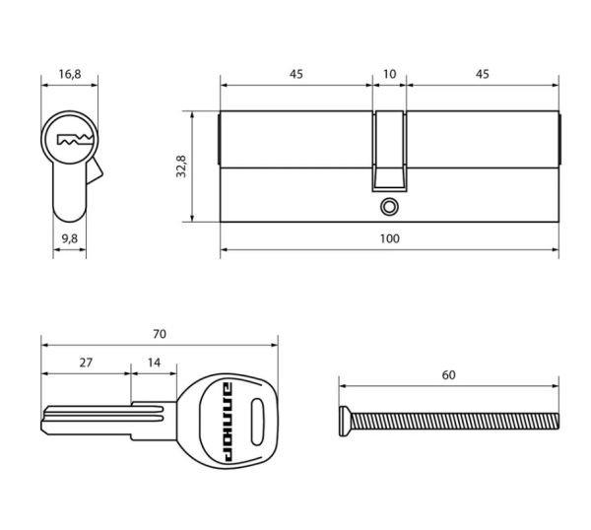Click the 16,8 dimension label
tap(70, 74)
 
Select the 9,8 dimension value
tap(70, 239)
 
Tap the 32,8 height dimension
tap(181, 166)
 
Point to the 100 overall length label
tap(389, 238)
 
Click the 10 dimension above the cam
tap(389, 74)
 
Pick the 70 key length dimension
tap(159, 334)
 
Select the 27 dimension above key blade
tap(86, 363)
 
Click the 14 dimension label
tap(154, 363)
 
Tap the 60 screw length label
tap(448, 375)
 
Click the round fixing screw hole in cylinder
tap(389, 207)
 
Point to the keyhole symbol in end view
tap(75, 140)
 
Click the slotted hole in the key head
tap(257, 422)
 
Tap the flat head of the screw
tap(344, 422)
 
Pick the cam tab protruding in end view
tap(95, 171)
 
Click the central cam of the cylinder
tap(389, 151)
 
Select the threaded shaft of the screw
tap(454, 422)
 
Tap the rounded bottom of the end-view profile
tap(69, 215)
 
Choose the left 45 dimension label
tap(296, 74)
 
